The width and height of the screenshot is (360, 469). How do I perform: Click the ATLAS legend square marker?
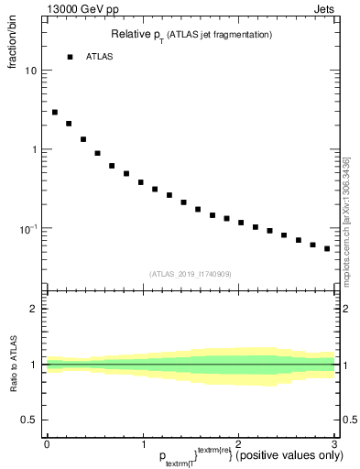70,57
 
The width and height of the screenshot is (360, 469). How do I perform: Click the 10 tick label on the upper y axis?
31,71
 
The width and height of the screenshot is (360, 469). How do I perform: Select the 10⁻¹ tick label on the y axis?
27,227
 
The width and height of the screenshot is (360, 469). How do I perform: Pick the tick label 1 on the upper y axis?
34,149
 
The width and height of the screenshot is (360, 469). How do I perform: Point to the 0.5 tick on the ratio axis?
30,420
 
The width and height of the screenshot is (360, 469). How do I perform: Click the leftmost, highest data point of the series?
55,112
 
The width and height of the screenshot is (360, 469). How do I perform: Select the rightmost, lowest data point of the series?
327,248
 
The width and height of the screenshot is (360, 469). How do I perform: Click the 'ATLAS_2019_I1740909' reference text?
191,274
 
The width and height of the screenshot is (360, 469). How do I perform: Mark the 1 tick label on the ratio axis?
34,365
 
